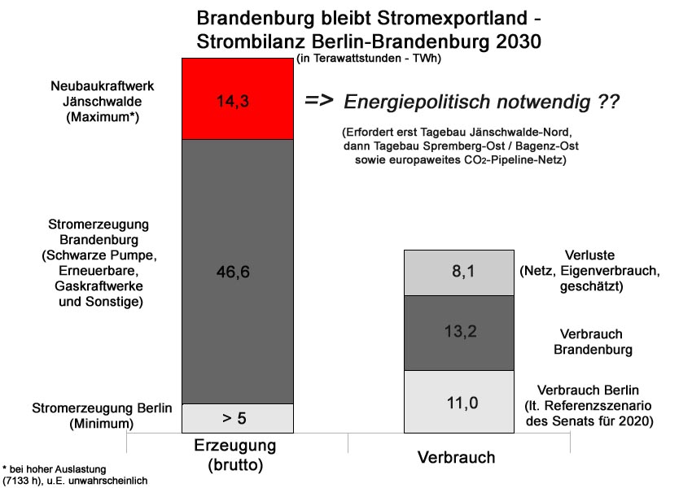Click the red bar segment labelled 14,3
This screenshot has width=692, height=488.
click(236, 99)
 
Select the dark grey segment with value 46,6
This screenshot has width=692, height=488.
click(236, 272)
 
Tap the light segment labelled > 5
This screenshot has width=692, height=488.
click(236, 418)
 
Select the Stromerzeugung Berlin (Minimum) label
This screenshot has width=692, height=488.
click(102, 415)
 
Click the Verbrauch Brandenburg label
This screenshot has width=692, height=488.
click(592, 342)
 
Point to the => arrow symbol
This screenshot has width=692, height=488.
click(320, 101)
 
